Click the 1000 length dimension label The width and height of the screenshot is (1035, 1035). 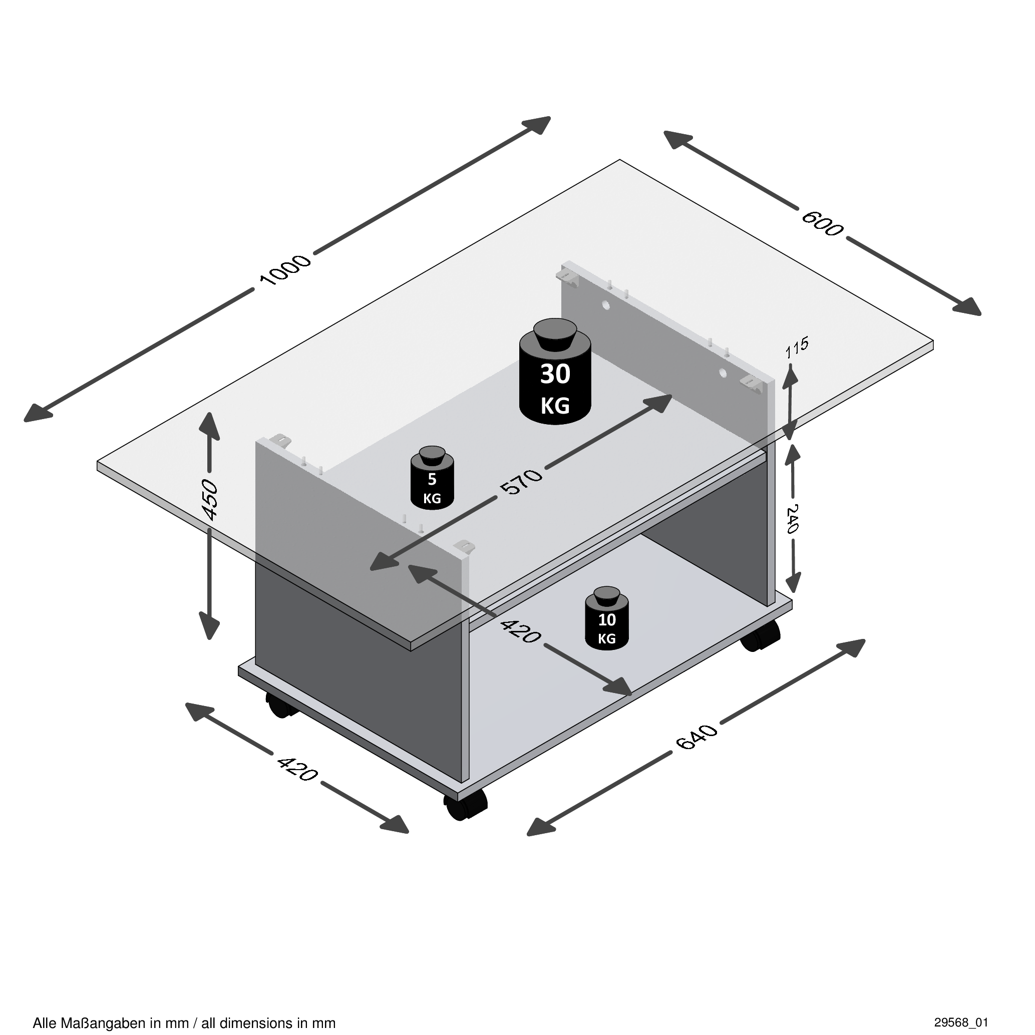(x=284, y=270)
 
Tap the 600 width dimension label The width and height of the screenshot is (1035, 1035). (x=822, y=223)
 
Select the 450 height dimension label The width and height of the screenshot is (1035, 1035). (x=210, y=500)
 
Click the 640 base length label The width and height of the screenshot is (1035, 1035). (x=697, y=737)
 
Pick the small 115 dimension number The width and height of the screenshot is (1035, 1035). (x=797, y=348)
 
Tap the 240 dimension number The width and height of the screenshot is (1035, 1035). (x=793, y=519)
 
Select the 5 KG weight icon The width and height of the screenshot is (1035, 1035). (x=432, y=478)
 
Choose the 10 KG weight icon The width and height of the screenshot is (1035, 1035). (x=607, y=619)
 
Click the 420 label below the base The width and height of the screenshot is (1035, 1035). (x=297, y=769)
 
